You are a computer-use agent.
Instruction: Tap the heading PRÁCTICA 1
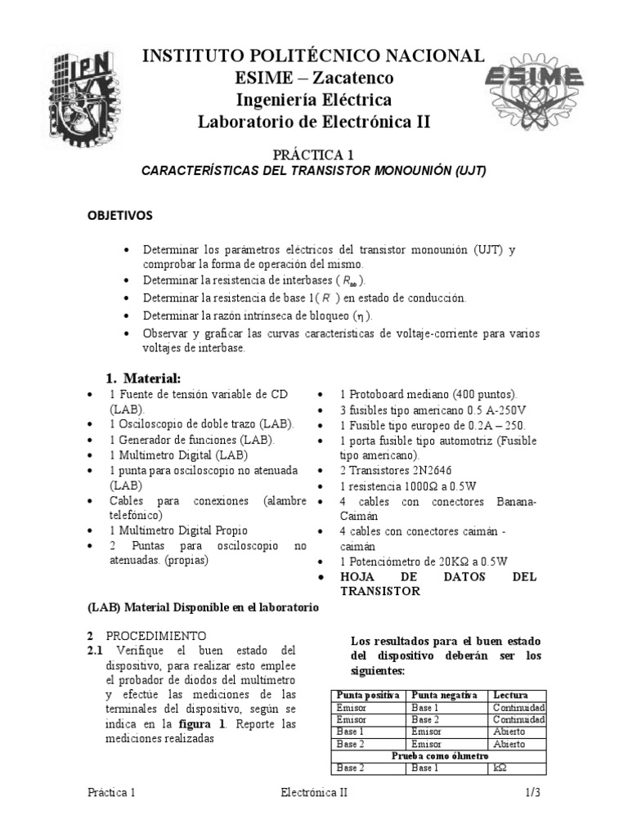(x=313, y=154)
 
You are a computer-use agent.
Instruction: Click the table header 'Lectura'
(x=510, y=695)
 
